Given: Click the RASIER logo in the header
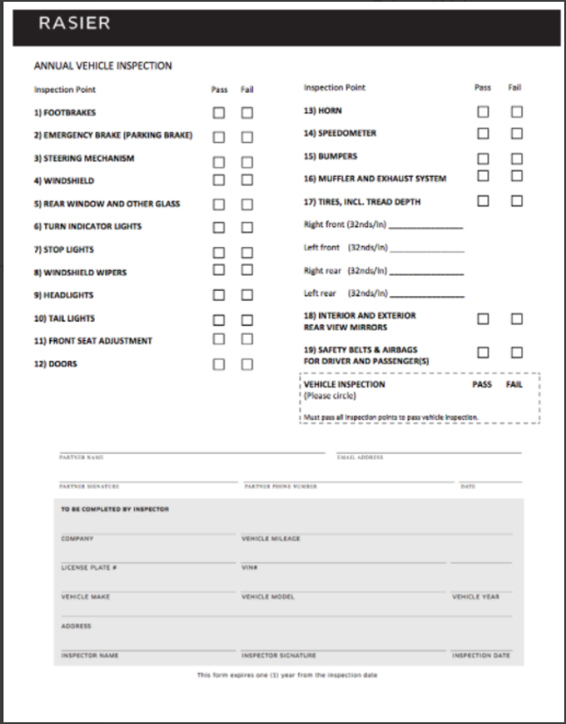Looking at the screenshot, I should tap(74, 24).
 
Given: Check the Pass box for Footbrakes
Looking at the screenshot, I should tap(219, 113).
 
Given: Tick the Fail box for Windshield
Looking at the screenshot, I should tap(247, 180).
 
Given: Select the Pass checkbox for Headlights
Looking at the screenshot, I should tap(219, 295).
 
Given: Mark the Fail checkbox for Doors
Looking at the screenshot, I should tap(247, 364).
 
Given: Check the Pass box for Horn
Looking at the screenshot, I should tap(483, 111).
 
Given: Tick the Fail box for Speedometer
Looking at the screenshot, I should tap(517, 133).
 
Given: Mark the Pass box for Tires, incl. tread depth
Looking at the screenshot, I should tap(483, 201).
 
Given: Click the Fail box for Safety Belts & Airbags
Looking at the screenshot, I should tap(517, 352).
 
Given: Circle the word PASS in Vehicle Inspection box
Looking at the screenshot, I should tap(482, 385).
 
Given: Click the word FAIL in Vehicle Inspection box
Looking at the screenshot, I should tap(514, 385).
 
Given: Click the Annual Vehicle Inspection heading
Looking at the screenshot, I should tap(103, 66).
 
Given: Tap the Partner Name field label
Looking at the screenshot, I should tap(81, 458).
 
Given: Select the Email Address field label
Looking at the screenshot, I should tap(359, 458).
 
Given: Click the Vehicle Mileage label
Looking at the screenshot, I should tap(271, 539).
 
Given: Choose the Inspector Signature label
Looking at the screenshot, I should tap(279, 656).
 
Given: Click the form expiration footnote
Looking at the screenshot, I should tap(287, 676).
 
